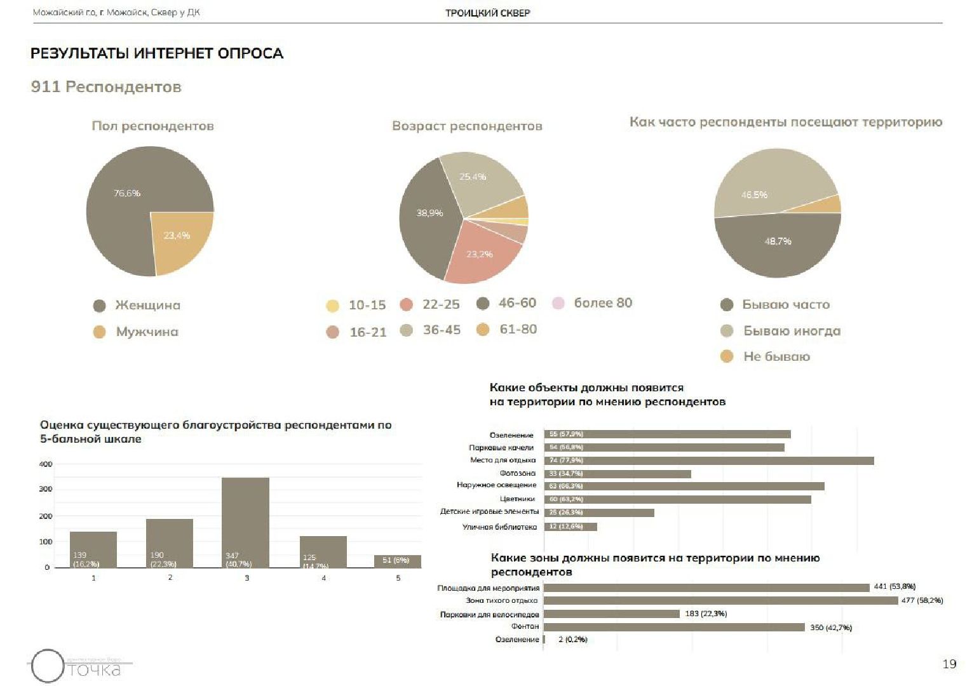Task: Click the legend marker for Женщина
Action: [x=99, y=306]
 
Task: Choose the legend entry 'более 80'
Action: [x=602, y=303]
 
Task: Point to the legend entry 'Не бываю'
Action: [x=776, y=357]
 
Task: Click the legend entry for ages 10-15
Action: [x=367, y=306]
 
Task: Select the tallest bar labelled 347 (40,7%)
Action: [x=246, y=522]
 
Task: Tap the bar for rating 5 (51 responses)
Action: [x=398, y=562]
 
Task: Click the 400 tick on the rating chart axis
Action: [x=46, y=464]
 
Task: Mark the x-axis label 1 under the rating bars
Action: [x=93, y=578]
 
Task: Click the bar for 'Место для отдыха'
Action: [x=709, y=461]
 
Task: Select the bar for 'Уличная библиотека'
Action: [x=570, y=527]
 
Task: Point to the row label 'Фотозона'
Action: [x=518, y=473]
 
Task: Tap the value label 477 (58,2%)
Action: [x=922, y=600]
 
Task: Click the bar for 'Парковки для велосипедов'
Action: [x=612, y=614]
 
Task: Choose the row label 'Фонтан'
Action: [x=525, y=627]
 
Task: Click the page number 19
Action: [x=949, y=664]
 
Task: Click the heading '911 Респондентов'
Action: [x=106, y=87]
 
